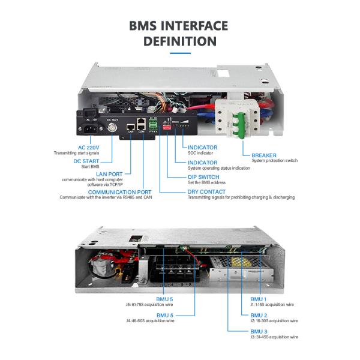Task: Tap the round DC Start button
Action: click(x=112, y=127)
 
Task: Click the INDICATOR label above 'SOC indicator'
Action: click(x=202, y=147)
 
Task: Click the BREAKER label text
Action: click(x=264, y=155)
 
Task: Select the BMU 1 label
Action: click(x=259, y=299)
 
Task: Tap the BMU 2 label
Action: click(x=259, y=315)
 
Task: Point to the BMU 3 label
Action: click(x=259, y=331)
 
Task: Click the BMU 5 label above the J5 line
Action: click(x=165, y=299)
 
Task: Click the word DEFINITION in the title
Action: click(x=179, y=41)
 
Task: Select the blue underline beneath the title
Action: click(x=179, y=53)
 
